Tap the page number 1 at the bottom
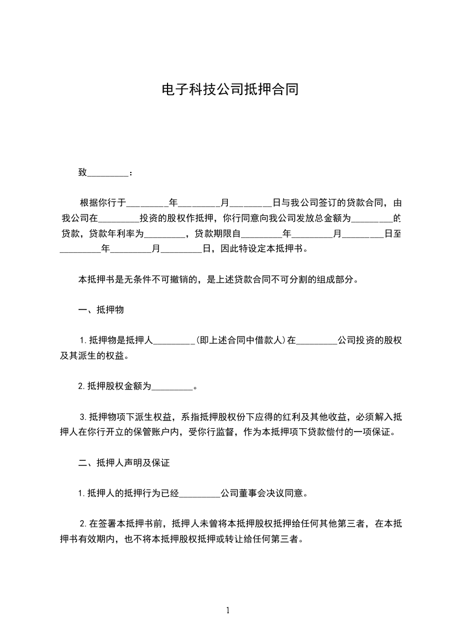[x=228, y=610]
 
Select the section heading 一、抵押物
[x=102, y=310]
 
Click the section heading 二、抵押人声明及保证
[x=124, y=462]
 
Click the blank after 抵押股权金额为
[x=173, y=387]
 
